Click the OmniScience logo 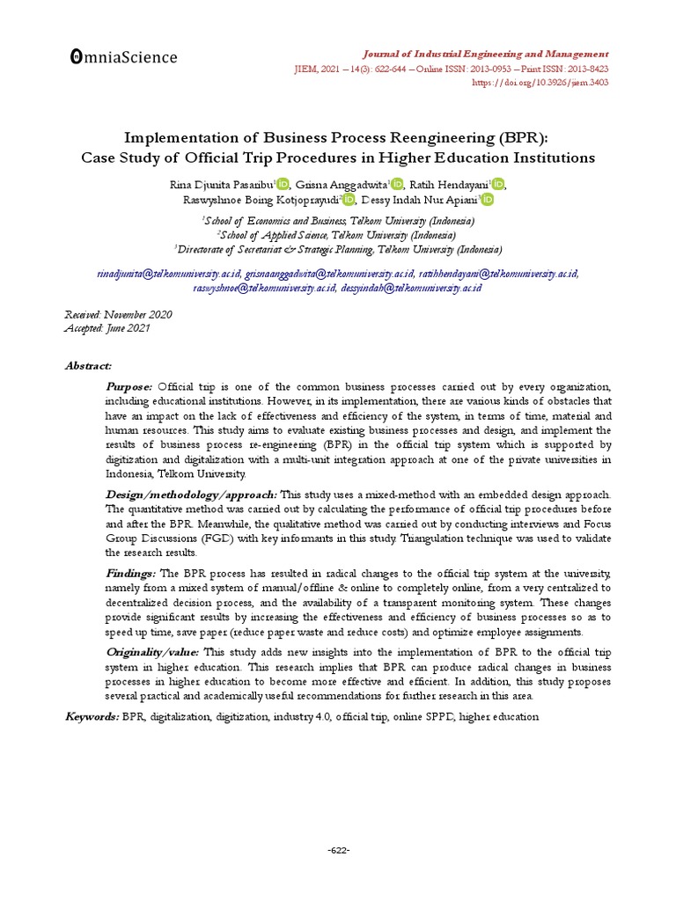coord(123,58)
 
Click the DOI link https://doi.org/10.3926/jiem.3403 coord(540,83)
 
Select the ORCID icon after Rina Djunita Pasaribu coord(282,184)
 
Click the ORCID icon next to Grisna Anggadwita coord(397,184)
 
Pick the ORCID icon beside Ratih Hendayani coord(499,184)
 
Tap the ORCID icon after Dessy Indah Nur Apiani coord(488,200)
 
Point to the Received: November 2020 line coord(119,314)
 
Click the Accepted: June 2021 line coord(107,328)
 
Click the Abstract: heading coord(88,365)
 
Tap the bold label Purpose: coord(129,386)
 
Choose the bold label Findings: coord(132,573)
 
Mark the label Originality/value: coord(153,652)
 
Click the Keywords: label coord(92,717)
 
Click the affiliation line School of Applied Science coord(337,235)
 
